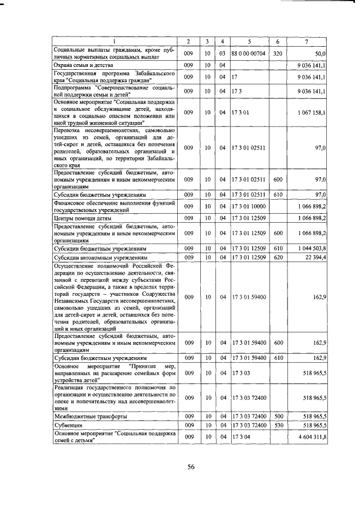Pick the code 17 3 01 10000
248,206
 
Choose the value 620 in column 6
277,258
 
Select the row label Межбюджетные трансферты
90,416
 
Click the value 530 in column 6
277,426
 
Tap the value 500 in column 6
277,416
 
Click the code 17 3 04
240,437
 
